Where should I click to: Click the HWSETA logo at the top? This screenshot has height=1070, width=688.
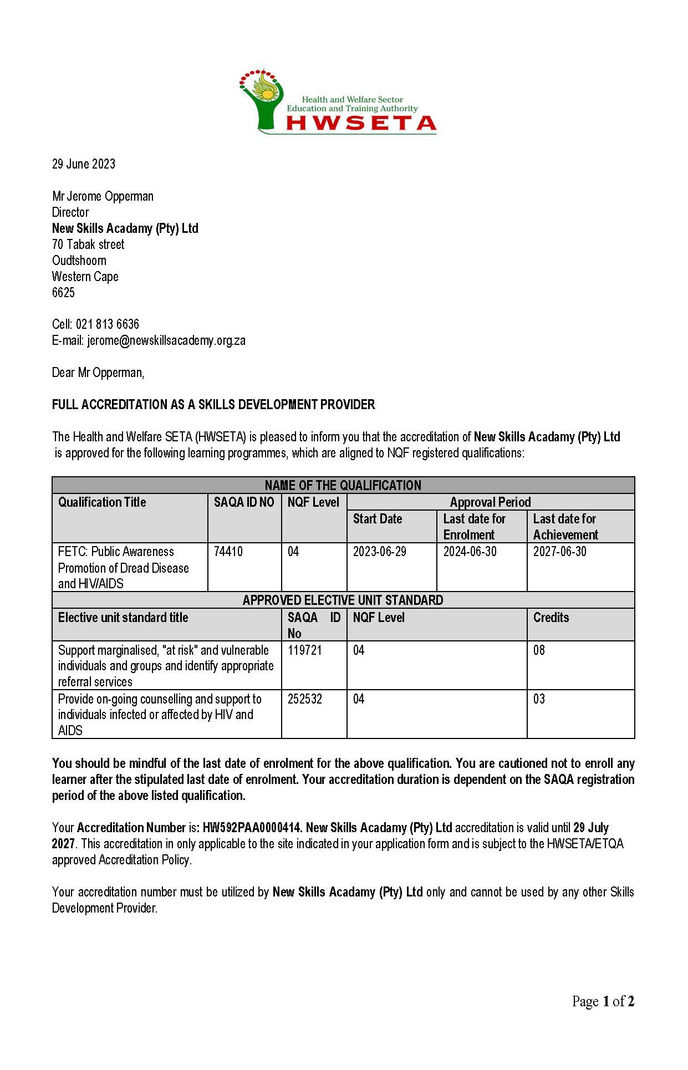point(338,102)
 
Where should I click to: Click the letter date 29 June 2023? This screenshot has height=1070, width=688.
point(84,164)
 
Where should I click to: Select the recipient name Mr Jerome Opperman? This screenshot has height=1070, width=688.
point(103,196)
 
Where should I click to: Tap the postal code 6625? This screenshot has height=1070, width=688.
point(63,293)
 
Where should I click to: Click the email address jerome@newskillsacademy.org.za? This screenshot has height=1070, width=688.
point(166,340)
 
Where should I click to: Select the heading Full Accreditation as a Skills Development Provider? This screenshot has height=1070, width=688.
point(213,405)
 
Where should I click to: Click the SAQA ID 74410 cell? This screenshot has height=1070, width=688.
point(228,552)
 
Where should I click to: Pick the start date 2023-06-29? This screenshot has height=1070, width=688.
point(380,552)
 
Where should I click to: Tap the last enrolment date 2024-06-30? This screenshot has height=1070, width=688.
point(470,552)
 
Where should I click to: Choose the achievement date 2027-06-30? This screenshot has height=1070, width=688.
point(560,552)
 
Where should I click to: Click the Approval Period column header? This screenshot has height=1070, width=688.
point(490,502)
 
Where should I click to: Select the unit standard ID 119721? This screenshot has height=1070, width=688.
point(305,650)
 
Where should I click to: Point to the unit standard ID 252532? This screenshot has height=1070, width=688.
point(305,699)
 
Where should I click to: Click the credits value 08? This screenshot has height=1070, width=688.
point(539,650)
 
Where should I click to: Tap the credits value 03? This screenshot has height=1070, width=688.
point(539,699)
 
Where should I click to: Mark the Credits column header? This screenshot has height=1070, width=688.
point(551,618)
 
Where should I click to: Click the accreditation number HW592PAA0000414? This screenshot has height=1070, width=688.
point(252,828)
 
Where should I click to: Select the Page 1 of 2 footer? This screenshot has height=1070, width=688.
point(603,1001)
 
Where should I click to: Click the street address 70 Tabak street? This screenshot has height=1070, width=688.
point(88,244)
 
